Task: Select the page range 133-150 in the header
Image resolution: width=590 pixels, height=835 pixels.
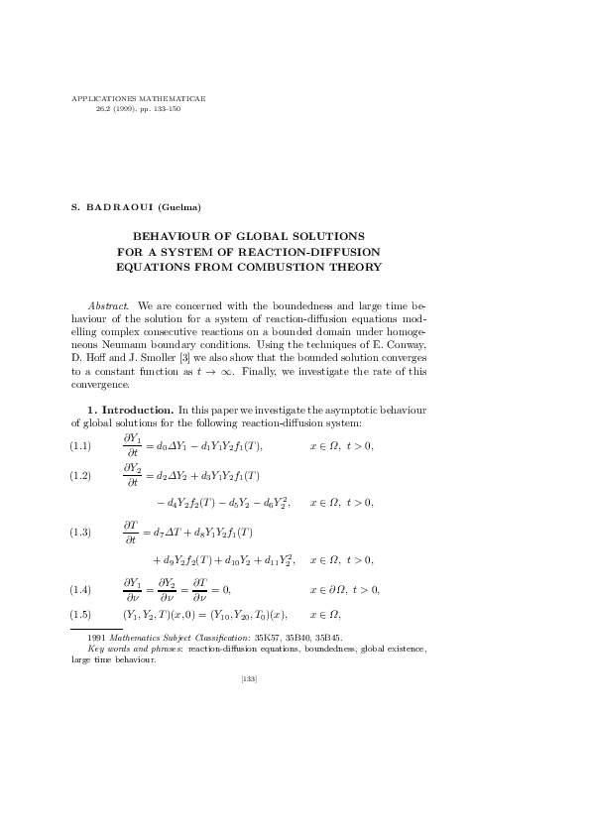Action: point(166,109)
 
